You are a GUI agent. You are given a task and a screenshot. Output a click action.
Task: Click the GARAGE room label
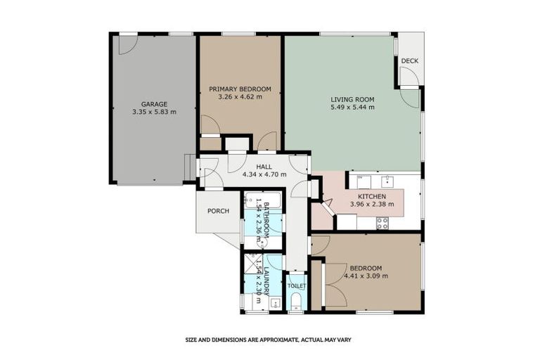pos(154,103)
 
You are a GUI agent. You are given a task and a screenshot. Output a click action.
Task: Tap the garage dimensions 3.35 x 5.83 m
pos(154,112)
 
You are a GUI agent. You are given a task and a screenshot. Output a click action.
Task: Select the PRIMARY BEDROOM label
pos(240,89)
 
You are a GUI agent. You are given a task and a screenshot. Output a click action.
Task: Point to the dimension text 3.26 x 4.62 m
pos(240,97)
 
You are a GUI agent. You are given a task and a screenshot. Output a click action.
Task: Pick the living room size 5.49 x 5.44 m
pos(352,108)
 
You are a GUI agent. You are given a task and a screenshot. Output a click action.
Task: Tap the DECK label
pos(409,61)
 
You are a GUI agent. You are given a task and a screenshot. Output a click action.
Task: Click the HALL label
pos(264,167)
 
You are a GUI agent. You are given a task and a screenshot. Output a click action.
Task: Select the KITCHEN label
pos(372,196)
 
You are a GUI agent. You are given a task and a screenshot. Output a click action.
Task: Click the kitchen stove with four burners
pos(383,223)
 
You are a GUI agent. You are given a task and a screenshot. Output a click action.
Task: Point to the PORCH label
pos(218,211)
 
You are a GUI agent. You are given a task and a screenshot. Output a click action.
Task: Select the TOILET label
pos(296,286)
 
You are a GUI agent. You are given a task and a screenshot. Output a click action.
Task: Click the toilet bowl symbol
pos(296,302)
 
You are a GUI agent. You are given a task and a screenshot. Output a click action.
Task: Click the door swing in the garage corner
pos(127,44)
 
